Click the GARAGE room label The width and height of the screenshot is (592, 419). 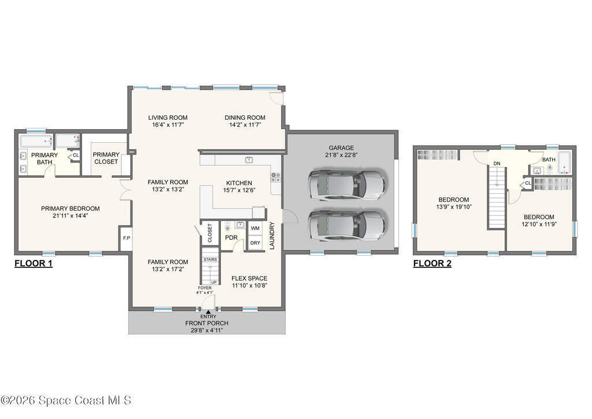pyautogui.click(x=341, y=148)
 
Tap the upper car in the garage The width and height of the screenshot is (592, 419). pyautogui.click(x=347, y=185)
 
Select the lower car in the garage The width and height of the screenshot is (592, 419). pyautogui.click(x=347, y=226)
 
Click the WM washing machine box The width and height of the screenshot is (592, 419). pyautogui.click(x=255, y=228)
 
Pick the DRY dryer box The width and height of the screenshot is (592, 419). pyautogui.click(x=255, y=243)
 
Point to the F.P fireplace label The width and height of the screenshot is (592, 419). pyautogui.click(x=127, y=238)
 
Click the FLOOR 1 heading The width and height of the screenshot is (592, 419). pyautogui.click(x=33, y=263)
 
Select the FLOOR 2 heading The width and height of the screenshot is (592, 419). pyautogui.click(x=432, y=263)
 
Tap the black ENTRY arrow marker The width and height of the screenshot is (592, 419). pyautogui.click(x=208, y=312)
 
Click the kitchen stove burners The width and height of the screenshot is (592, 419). pyautogui.click(x=275, y=178)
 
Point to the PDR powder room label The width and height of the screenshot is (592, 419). pyautogui.click(x=231, y=238)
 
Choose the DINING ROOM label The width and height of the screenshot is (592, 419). pyautogui.click(x=245, y=117)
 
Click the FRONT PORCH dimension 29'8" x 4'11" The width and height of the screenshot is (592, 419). pyautogui.click(x=207, y=330)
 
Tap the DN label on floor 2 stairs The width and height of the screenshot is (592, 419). pyautogui.click(x=497, y=164)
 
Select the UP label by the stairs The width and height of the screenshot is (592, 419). pyautogui.click(x=214, y=282)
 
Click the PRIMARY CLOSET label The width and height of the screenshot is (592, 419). pyautogui.click(x=106, y=158)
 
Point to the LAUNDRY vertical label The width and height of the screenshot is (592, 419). pyautogui.click(x=272, y=236)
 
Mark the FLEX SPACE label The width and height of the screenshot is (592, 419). pyautogui.click(x=249, y=278)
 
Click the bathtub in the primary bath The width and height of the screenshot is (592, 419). pyautogui.click(x=36, y=141)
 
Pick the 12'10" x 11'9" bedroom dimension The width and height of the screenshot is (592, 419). pyautogui.click(x=539, y=224)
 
